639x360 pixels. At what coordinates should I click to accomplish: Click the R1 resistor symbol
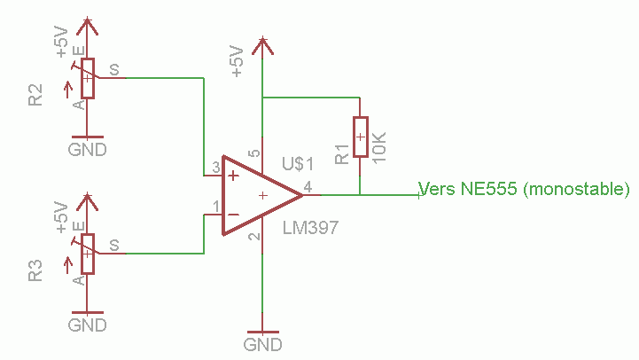[360, 137]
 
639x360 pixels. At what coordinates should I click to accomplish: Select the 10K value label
[379, 145]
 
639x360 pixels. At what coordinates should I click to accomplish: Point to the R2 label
[35, 95]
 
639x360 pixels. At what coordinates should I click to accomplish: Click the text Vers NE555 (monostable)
[524, 189]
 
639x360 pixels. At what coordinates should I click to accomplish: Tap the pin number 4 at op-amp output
[308, 186]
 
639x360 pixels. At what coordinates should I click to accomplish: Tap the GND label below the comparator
[263, 343]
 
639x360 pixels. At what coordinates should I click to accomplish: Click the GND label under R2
[88, 149]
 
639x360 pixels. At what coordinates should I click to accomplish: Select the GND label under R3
[88, 325]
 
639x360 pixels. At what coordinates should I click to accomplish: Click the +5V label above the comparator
[237, 62]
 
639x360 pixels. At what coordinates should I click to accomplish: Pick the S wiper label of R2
[113, 68]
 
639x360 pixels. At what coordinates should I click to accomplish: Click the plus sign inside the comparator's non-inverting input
[233, 176]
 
